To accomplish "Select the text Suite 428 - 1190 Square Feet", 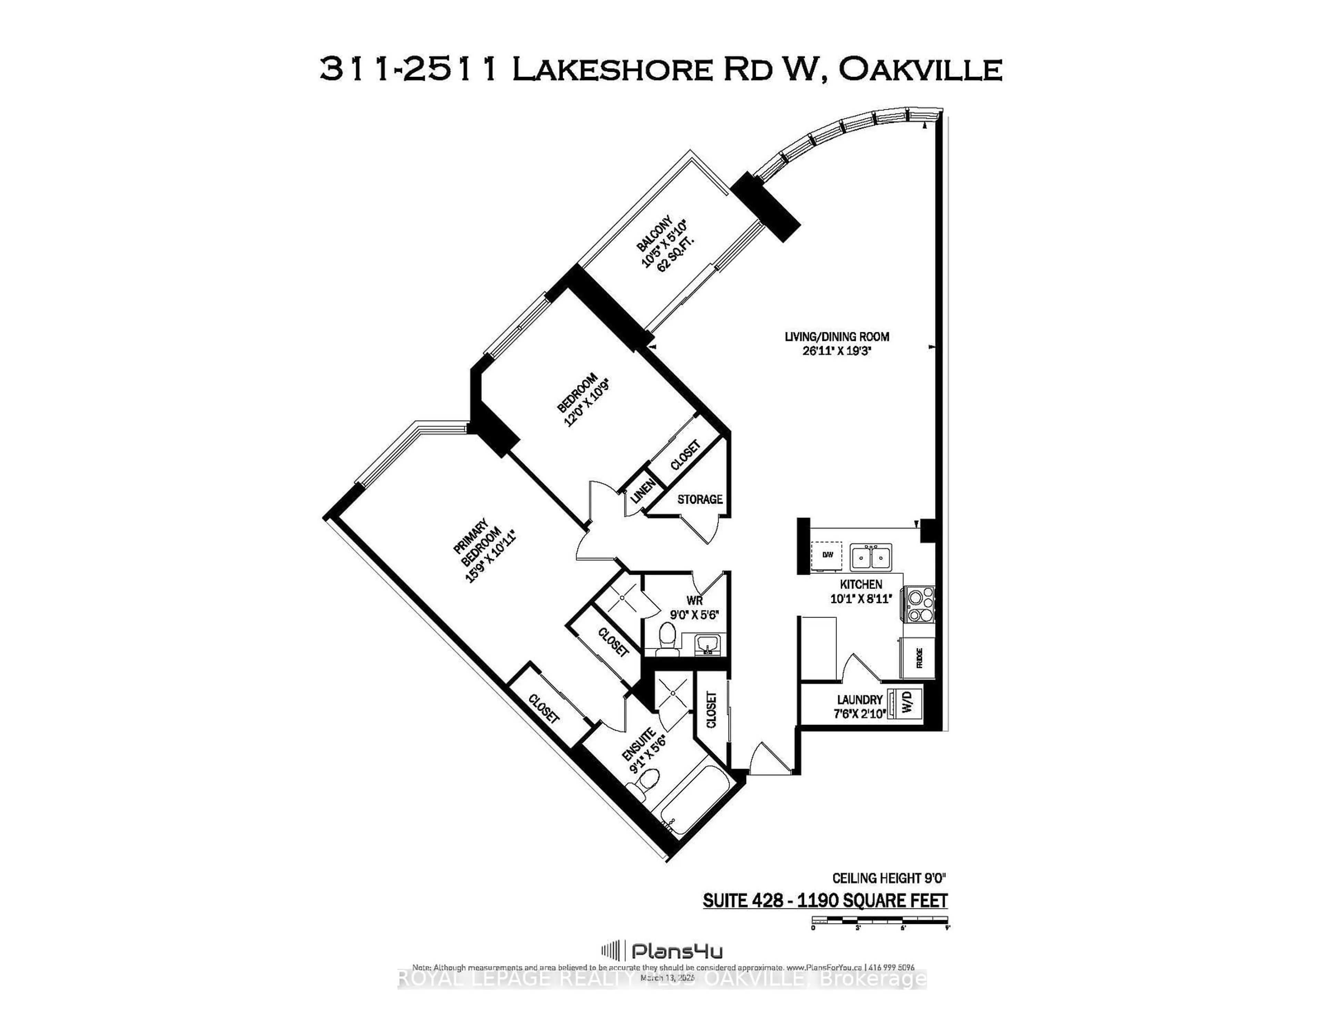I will coord(824,900).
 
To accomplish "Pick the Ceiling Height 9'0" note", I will coord(889,878).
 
